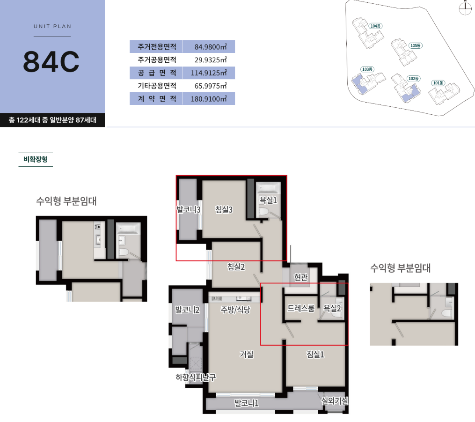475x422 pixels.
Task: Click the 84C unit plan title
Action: [x=51, y=61]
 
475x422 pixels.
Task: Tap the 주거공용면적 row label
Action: [x=157, y=60]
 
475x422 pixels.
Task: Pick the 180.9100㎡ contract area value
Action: [x=209, y=99]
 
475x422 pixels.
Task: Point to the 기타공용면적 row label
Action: [x=157, y=86]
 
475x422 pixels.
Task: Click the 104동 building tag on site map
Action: [x=375, y=26]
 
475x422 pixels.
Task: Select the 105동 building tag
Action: [x=415, y=45]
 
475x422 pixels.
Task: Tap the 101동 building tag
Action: [x=438, y=83]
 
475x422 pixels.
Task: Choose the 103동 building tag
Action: [x=367, y=69]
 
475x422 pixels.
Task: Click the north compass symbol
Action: [x=465, y=8]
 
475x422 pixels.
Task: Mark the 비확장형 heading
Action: [x=36, y=159]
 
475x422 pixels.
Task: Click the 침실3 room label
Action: [x=224, y=209]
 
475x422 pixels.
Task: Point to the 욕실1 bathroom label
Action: [x=268, y=200]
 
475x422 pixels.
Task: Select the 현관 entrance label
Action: [x=301, y=277]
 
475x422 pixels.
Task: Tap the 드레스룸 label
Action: [x=301, y=308]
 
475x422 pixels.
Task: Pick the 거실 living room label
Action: [x=247, y=354]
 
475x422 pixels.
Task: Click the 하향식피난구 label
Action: [x=196, y=378]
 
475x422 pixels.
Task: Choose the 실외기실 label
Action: [x=335, y=401]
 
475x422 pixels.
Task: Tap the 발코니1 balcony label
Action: [x=247, y=403]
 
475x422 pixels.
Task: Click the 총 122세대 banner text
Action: [x=52, y=120]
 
